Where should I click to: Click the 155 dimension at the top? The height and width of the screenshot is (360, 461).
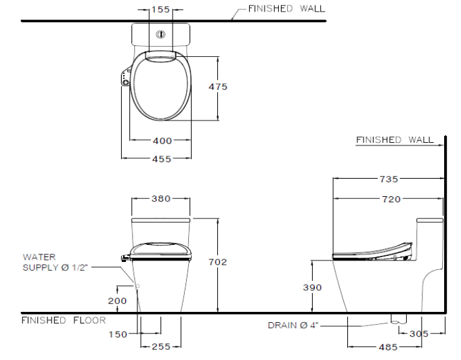click(x=161, y=9)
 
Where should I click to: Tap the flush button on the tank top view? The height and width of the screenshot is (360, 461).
click(x=160, y=35)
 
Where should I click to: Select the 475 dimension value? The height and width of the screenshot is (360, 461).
click(x=218, y=87)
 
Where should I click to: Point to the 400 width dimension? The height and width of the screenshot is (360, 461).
click(x=162, y=141)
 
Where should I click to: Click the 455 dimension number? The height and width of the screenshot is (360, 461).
click(x=161, y=159)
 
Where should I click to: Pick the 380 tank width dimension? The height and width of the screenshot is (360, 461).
click(x=161, y=199)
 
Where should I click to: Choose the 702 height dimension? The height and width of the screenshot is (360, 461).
click(x=217, y=262)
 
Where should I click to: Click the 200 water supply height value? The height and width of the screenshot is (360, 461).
click(x=117, y=300)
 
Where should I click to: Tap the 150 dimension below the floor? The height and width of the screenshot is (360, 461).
click(x=118, y=334)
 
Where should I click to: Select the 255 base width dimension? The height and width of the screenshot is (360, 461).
click(x=161, y=346)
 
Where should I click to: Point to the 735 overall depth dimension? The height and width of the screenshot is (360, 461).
click(x=389, y=179)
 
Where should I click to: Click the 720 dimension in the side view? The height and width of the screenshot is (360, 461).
click(x=391, y=199)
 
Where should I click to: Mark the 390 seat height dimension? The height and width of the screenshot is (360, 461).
click(x=312, y=287)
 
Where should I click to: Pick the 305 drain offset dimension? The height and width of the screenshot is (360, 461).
click(x=419, y=334)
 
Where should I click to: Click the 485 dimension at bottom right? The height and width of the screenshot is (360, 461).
click(x=388, y=347)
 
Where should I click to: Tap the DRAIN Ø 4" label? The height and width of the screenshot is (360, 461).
click(x=293, y=325)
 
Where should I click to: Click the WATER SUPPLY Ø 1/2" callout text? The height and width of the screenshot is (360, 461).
click(x=56, y=263)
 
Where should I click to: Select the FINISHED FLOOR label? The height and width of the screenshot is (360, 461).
click(x=64, y=320)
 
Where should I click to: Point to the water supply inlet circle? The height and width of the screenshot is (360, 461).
click(x=137, y=286)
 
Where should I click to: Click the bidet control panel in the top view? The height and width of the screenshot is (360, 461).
click(x=126, y=76)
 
